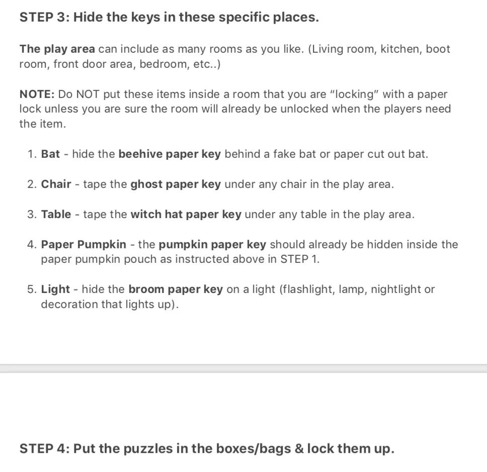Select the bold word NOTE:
pos(37,94)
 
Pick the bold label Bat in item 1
pos(50,154)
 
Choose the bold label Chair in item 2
pos(56,184)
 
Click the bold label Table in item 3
pos(56,214)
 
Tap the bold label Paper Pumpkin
pos(84,244)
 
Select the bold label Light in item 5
pos(55,289)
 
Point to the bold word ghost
pos(145,184)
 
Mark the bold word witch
pos(146,214)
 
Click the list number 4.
pos(31,244)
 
